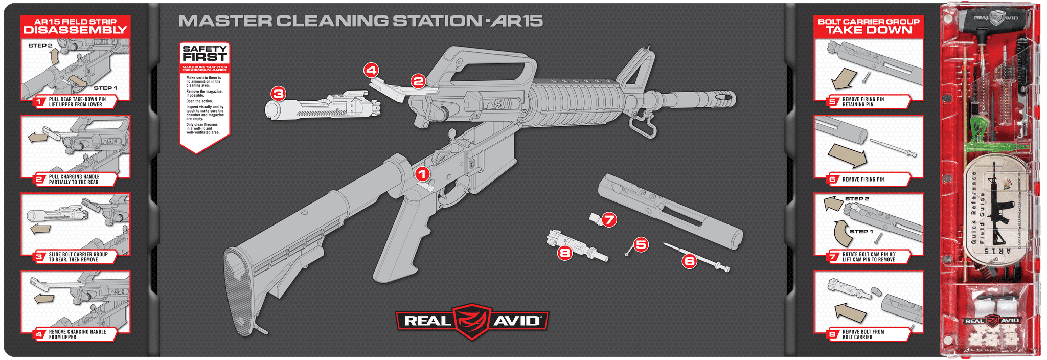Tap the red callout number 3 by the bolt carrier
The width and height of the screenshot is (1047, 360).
coord(278,94)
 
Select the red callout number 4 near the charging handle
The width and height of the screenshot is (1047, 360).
coord(371,70)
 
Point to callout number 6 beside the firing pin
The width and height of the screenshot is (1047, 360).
coord(690,261)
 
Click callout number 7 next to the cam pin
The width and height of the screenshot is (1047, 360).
coord(608,220)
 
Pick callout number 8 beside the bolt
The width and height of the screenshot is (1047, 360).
coord(564,252)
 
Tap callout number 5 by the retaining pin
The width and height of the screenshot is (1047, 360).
coord(641,245)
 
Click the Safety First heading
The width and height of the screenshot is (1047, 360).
coord(204,53)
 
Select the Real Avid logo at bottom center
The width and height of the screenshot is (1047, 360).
coord(472,321)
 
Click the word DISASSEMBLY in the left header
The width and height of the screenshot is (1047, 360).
coord(75,30)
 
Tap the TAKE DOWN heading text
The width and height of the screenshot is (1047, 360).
coord(869,30)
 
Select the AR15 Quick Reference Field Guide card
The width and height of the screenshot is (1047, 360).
coord(992,210)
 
